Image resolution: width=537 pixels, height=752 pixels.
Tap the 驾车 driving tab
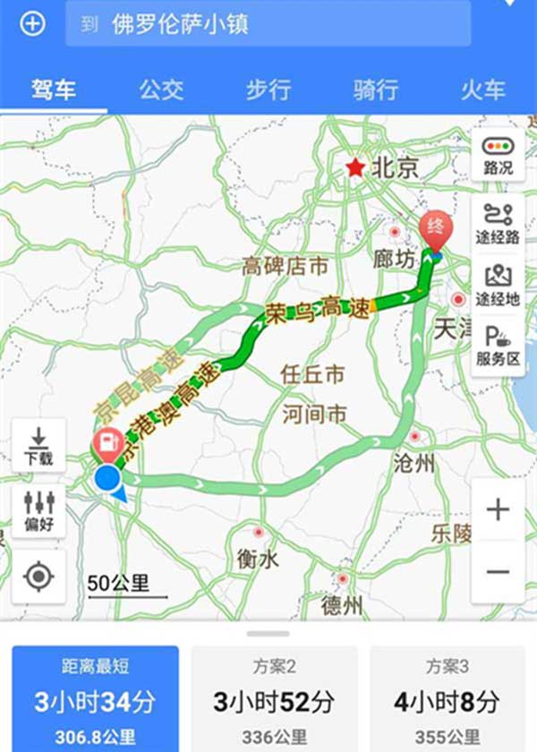coord(54,90)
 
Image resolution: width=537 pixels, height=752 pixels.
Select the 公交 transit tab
coord(161,90)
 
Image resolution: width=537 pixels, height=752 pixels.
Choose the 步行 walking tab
coord(268,90)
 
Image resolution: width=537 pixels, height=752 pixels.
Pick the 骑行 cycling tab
coord(376,90)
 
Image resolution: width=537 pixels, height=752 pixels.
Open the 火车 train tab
coord(483,90)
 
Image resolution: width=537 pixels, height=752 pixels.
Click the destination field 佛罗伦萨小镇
coord(268,24)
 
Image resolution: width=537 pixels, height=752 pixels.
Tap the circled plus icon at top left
coord(33,24)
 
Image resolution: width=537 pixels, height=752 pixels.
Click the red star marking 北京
coord(357,167)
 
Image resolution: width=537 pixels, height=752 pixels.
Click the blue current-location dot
coord(107,478)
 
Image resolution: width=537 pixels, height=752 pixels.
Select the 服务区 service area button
coord(498,346)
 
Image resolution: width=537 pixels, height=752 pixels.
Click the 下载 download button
coord(38,446)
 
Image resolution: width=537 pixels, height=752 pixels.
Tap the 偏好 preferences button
coord(38,510)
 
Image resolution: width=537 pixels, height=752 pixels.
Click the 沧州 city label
coord(413,463)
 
